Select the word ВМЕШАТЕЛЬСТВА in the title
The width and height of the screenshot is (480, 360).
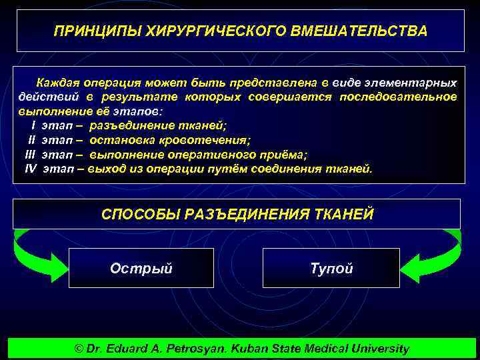click(x=359, y=31)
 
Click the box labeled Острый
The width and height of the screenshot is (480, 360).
click(x=141, y=268)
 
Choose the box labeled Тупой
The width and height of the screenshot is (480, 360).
click(x=331, y=268)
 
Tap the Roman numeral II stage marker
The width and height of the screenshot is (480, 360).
click(x=31, y=140)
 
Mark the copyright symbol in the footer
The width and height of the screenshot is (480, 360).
click(x=79, y=348)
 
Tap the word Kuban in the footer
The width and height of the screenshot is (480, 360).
click(x=254, y=348)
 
